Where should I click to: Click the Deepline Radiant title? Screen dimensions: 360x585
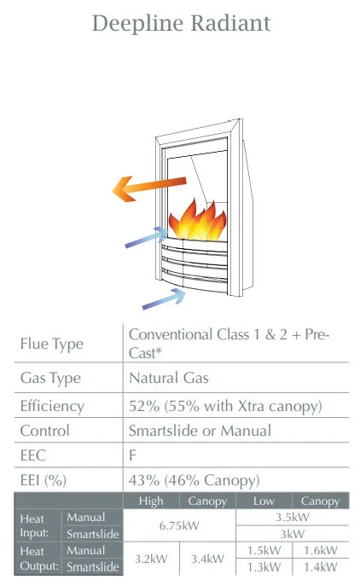(x=182, y=23)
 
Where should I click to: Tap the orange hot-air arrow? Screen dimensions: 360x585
(x=149, y=188)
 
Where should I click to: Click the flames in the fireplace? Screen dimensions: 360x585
(x=198, y=221)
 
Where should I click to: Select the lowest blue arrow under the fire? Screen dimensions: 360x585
(x=164, y=299)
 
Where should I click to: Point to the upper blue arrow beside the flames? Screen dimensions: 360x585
(x=146, y=237)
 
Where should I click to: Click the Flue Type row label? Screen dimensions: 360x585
(x=52, y=344)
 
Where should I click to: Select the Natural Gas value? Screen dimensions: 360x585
(x=169, y=378)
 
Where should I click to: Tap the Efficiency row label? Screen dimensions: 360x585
(x=52, y=406)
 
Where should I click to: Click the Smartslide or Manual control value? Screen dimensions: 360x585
(x=200, y=431)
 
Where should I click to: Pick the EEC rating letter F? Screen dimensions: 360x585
(x=132, y=455)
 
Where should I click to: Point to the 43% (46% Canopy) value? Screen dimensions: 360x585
(x=194, y=480)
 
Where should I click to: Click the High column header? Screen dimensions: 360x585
(x=151, y=501)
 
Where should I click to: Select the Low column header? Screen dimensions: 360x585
(x=264, y=501)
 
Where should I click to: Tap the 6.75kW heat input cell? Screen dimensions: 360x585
(x=179, y=525)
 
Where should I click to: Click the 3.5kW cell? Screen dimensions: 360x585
(x=293, y=517)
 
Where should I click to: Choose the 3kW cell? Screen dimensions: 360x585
(x=293, y=534)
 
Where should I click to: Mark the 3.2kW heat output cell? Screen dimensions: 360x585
(x=151, y=559)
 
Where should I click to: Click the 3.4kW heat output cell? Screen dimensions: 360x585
(x=207, y=559)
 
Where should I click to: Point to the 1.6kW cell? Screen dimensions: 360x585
(x=321, y=550)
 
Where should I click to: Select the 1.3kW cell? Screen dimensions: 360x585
(x=264, y=567)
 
